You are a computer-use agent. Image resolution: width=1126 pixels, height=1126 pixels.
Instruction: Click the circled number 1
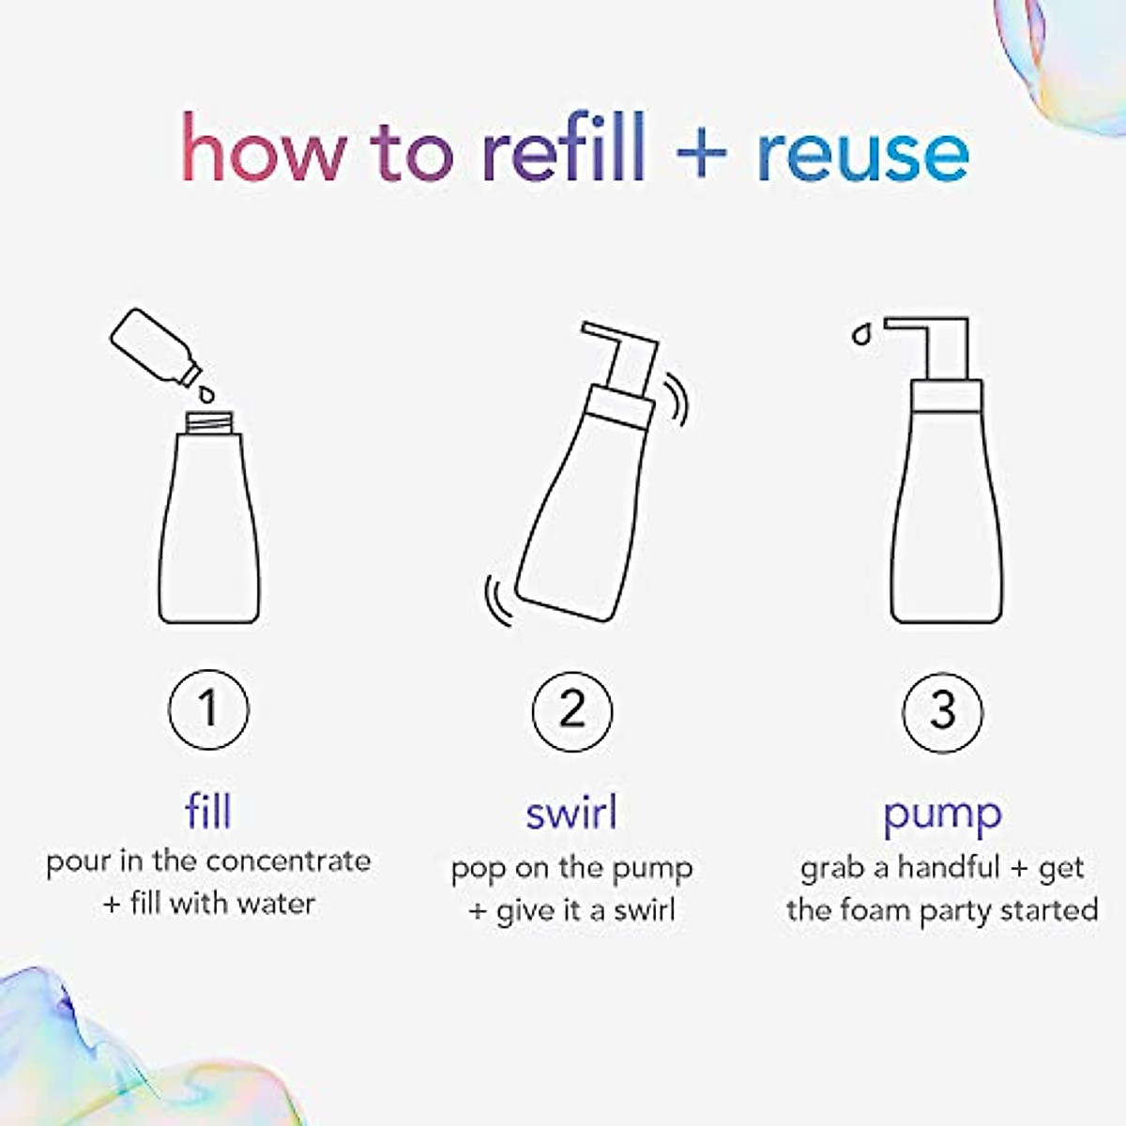(x=208, y=708)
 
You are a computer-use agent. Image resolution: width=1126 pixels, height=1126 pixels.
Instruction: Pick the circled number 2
(x=571, y=709)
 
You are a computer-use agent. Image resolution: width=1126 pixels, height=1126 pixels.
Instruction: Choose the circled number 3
(x=942, y=710)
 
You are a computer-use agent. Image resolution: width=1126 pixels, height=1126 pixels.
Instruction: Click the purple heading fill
(x=208, y=812)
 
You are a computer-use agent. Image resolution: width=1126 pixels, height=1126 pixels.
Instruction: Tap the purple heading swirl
(x=571, y=813)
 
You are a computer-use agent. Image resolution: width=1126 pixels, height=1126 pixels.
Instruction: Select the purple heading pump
(x=942, y=814)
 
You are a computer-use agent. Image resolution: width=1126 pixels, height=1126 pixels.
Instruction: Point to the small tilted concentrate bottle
(x=154, y=346)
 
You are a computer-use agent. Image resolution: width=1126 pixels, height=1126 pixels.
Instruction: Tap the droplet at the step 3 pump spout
(x=860, y=334)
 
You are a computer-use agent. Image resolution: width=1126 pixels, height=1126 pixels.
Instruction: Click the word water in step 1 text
(x=275, y=904)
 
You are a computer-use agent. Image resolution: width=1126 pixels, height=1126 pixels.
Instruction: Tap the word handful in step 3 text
(x=949, y=867)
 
